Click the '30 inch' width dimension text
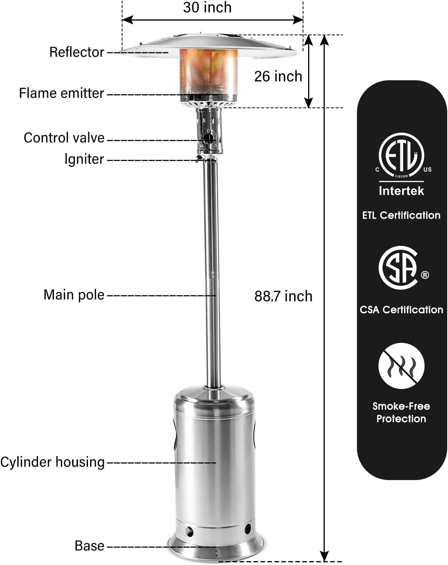[207, 7]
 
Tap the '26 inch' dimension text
[278, 76]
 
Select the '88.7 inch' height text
[283, 296]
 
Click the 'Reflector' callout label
[77, 52]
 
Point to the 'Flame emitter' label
[61, 93]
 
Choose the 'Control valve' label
[64, 138]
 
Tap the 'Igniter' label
[84, 159]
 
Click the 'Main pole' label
[74, 295]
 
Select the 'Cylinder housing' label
[52, 462]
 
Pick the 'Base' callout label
[90, 546]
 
